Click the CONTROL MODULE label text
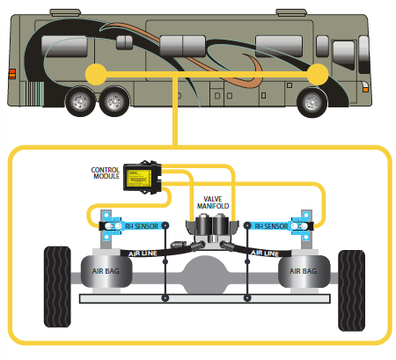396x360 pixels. point(105,173)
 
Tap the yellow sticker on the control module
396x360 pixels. point(138,178)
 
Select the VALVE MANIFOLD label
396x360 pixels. point(213,202)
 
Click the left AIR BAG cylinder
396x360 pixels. point(106,271)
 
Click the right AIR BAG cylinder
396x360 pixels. point(304,271)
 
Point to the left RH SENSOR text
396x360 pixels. point(142,226)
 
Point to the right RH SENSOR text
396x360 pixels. point(271,226)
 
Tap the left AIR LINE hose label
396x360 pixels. point(143,253)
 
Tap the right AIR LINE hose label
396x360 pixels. point(264,253)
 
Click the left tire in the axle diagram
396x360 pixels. point(57,287)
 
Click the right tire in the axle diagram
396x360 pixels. point(351,290)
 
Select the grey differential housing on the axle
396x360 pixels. point(205,275)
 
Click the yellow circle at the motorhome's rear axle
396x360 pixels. point(96,75)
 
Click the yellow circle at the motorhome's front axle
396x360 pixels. point(318,75)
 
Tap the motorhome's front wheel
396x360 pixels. point(312,102)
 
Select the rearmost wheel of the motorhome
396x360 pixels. point(80,101)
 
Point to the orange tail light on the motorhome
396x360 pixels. point(12,74)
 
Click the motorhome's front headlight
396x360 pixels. point(365,87)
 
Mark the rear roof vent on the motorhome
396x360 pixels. point(65,12)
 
